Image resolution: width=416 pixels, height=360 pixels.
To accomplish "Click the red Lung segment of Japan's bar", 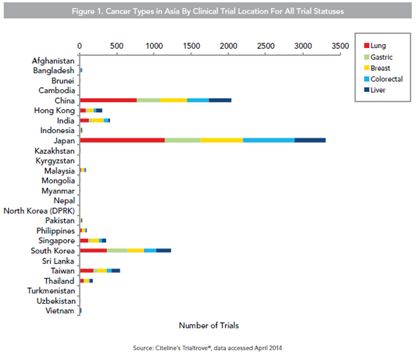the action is point(122,140).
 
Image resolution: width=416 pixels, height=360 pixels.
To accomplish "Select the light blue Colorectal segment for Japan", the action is point(269,140).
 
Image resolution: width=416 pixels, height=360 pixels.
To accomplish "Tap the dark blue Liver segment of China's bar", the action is point(220,100).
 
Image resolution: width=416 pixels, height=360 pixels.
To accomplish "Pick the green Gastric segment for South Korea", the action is point(117,251).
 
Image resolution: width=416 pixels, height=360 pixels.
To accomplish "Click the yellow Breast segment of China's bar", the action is point(174,100).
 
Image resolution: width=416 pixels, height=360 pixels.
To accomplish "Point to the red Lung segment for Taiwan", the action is point(87,271).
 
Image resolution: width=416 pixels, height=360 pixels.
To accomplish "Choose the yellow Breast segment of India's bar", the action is point(97,121).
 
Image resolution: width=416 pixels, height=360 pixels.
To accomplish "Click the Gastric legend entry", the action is point(379,57).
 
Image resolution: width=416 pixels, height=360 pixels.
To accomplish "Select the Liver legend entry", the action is point(375,90).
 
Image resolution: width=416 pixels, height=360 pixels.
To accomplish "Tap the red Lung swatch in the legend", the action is point(367,46).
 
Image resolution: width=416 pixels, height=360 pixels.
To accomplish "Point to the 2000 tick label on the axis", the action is point(229,46).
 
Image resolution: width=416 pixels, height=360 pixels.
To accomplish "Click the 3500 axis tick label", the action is point(340,46).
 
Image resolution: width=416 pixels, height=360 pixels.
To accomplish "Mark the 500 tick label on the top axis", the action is point(117,46).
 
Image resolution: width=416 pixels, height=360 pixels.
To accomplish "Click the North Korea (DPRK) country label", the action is point(39,211).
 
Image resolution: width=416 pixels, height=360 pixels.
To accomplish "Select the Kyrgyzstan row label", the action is point(55,161).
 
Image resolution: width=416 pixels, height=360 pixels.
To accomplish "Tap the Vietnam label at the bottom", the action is point(60,311).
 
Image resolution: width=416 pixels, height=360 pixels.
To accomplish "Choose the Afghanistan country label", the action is point(53,61).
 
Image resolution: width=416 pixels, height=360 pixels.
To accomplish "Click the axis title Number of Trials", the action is point(209,325).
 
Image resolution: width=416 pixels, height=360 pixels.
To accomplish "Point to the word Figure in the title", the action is point(83,12).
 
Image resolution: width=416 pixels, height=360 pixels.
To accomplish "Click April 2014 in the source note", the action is point(268,348).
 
